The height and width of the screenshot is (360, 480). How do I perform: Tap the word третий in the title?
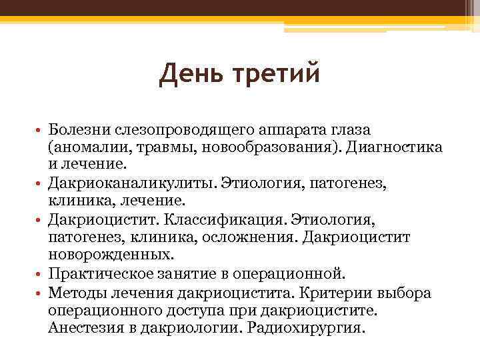(x=274, y=75)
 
